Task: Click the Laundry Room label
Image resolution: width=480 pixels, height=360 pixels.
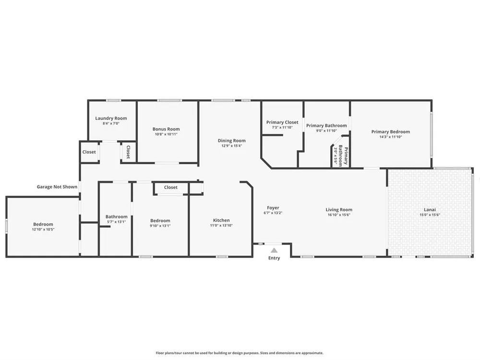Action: tap(111, 118)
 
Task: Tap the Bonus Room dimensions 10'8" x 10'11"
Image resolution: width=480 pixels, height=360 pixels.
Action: tap(166, 134)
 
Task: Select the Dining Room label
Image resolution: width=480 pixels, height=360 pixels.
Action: tap(231, 141)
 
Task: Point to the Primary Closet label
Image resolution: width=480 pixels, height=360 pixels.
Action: tap(282, 122)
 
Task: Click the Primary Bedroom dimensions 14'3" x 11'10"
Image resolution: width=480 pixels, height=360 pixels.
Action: tap(391, 137)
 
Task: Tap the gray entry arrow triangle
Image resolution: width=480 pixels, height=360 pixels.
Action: tap(274, 250)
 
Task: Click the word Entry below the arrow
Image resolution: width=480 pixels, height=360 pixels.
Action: tap(274, 258)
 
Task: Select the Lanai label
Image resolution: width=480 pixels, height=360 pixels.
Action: tap(430, 210)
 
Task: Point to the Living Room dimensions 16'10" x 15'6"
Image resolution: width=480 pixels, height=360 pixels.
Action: tap(339, 215)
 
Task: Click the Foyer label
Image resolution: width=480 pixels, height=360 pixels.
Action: tap(273, 208)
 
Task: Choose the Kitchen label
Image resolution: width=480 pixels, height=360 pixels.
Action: tap(221, 220)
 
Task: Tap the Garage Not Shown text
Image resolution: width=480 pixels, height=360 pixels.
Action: tap(57, 187)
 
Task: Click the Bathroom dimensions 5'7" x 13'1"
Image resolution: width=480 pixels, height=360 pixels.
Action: tap(116, 222)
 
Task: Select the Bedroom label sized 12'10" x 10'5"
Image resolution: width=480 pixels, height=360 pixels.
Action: tap(43, 224)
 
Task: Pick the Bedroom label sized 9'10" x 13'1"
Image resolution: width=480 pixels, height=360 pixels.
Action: tap(160, 221)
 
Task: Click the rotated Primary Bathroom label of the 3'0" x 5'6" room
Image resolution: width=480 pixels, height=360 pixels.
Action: tap(343, 156)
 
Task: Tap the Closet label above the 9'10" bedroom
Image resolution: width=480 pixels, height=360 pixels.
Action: tap(170, 187)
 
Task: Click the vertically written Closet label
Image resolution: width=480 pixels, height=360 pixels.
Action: tap(128, 152)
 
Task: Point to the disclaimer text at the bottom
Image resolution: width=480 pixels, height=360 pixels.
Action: tap(240, 353)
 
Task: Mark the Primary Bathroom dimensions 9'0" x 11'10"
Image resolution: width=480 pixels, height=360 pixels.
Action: tap(326, 131)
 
